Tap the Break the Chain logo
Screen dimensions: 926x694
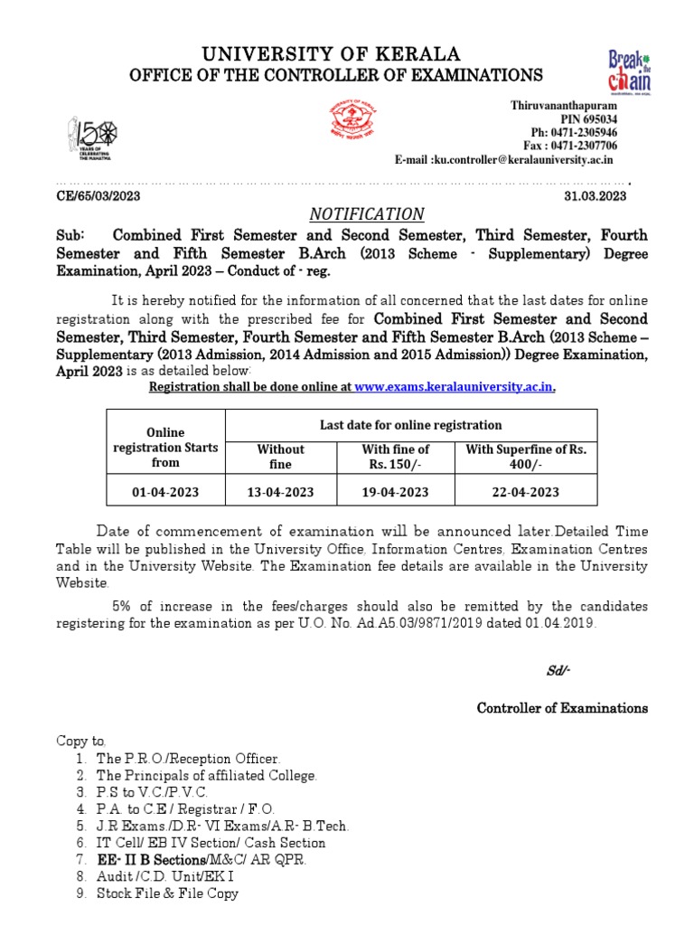pos(630,71)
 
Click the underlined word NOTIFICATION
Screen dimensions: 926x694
pos(367,214)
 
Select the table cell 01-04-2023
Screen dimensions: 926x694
pos(165,493)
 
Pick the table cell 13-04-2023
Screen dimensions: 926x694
pos(281,493)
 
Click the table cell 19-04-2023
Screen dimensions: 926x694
pos(395,493)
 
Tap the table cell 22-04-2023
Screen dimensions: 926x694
pos(525,493)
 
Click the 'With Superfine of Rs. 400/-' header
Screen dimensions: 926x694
pos(525,456)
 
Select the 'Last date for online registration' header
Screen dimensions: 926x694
pos(411,425)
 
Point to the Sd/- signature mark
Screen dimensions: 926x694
pos(558,670)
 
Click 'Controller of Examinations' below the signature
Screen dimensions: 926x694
pos(562,708)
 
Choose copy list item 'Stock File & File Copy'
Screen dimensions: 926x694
pos(167,893)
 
